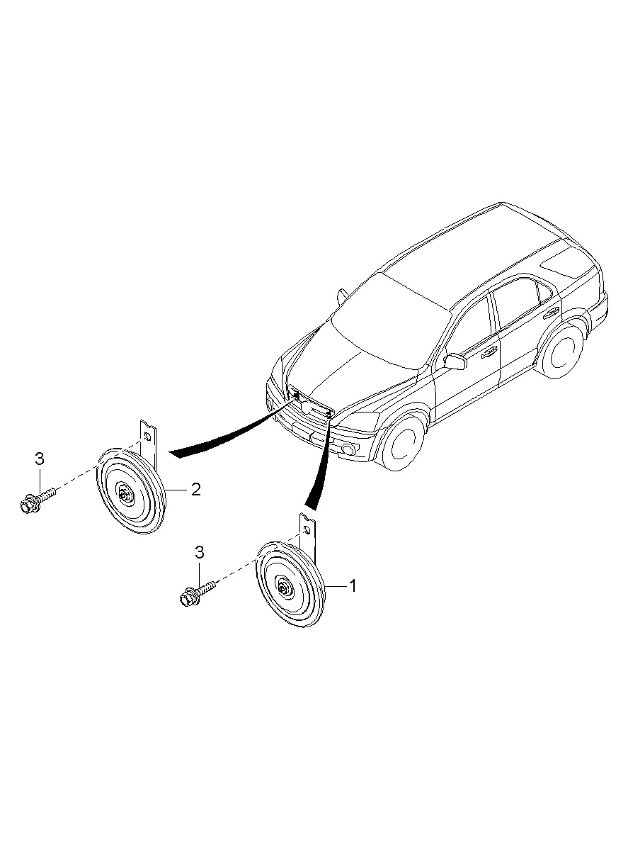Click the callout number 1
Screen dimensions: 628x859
(x=352, y=585)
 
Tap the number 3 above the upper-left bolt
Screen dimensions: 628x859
(x=40, y=459)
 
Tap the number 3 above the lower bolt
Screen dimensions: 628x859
(x=199, y=553)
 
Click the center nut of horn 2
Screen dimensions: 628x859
(x=125, y=495)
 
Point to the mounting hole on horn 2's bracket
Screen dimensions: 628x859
(x=147, y=437)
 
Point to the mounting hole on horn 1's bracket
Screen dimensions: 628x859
(x=307, y=530)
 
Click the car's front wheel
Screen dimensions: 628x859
(x=402, y=442)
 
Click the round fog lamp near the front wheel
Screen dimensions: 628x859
(x=348, y=449)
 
